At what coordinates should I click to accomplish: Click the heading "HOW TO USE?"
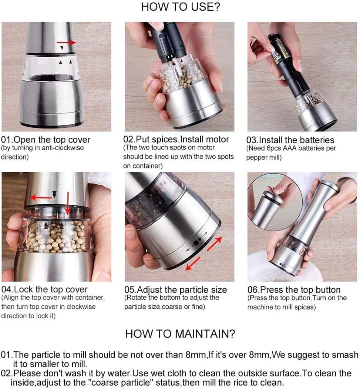click(x=181, y=7)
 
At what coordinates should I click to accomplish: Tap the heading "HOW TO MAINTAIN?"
click(x=180, y=334)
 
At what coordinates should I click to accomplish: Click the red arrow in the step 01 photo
click(x=67, y=43)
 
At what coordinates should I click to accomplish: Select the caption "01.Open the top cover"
click(x=46, y=140)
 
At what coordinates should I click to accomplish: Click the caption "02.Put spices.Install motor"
click(x=176, y=139)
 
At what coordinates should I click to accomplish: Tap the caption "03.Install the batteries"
click(x=290, y=140)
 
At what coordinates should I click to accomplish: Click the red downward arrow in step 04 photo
click(x=67, y=203)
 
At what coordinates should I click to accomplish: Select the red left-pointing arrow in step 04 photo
click(x=41, y=198)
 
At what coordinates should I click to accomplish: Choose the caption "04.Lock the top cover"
click(x=44, y=289)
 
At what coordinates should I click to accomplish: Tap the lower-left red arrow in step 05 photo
click(x=193, y=264)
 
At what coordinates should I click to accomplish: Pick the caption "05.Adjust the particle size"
click(x=175, y=289)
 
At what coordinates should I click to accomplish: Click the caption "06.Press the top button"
click(x=294, y=289)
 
